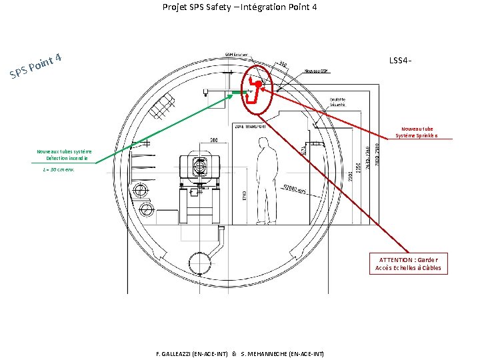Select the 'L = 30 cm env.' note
tap(59, 170)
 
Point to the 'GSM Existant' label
tap(235, 55)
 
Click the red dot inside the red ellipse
tap(258, 84)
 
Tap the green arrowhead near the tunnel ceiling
tap(231, 95)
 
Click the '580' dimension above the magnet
tap(214, 140)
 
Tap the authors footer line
tap(239, 353)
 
